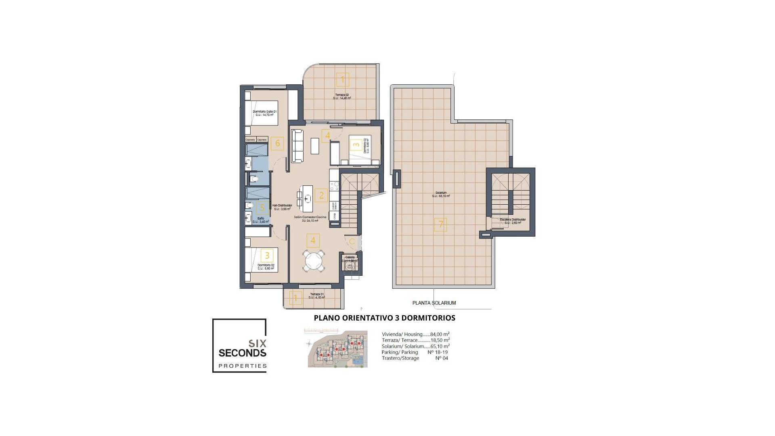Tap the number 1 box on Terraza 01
tap(295, 298)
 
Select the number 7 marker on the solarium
tap(440, 224)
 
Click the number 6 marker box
tap(277, 143)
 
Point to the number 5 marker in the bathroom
tap(262, 208)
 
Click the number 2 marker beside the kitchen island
tap(321, 195)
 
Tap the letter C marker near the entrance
tap(352, 241)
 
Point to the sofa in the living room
tap(297, 146)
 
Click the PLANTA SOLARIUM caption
tap(434, 303)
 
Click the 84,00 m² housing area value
tap(440, 334)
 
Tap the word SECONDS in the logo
tap(242, 353)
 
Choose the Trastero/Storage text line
tap(400, 358)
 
